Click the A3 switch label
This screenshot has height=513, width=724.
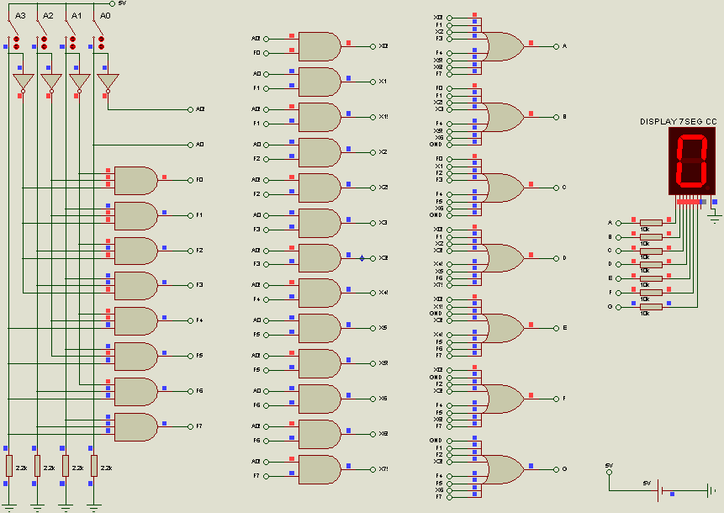tap(21, 16)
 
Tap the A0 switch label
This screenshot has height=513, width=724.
tap(105, 16)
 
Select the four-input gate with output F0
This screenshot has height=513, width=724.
tap(135, 180)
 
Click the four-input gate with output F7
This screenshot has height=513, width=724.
tap(135, 426)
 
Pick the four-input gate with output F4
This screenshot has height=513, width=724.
tap(135, 320)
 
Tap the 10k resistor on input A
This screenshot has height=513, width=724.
tap(651, 223)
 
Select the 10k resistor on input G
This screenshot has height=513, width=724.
tap(651, 307)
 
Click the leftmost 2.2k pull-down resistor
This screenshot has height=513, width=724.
tap(9, 465)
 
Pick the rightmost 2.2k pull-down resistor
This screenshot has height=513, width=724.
tap(95, 465)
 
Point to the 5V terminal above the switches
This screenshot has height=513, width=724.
tap(114, 3)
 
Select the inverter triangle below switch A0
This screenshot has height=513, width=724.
tap(107, 82)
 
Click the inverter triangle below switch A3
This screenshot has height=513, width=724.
tap(22, 82)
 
